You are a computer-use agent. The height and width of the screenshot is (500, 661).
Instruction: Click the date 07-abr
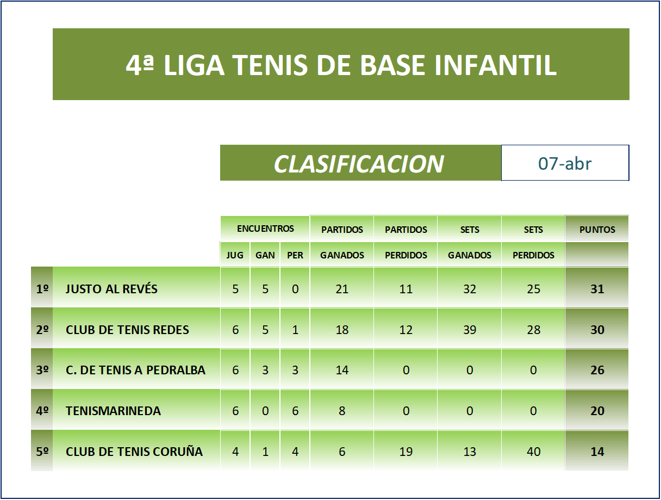(x=565, y=164)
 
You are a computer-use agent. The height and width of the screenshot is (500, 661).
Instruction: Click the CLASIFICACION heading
(x=358, y=164)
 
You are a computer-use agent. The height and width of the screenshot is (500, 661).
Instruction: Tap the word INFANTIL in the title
(x=496, y=65)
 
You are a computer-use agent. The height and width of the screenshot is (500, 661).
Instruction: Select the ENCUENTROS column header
(x=265, y=229)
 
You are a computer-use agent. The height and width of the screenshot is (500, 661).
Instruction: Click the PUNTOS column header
(x=597, y=230)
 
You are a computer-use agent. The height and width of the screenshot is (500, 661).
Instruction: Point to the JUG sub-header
(x=235, y=255)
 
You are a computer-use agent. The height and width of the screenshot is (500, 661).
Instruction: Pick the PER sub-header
(x=295, y=255)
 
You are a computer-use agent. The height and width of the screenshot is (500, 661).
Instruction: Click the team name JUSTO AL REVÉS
(x=111, y=289)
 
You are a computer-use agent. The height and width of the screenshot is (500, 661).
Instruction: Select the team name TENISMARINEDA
(x=113, y=411)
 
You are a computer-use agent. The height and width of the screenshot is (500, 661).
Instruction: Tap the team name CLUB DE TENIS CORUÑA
(x=134, y=452)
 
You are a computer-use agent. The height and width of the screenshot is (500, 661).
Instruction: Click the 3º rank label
(x=42, y=370)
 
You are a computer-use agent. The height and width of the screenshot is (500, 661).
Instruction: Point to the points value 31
(x=597, y=289)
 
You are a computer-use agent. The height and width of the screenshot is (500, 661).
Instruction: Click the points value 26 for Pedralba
(x=597, y=370)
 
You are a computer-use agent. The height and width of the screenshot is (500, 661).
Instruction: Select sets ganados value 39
(x=470, y=330)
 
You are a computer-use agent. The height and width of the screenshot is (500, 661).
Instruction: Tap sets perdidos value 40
(x=533, y=452)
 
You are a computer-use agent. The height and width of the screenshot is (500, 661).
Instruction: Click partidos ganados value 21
(x=342, y=289)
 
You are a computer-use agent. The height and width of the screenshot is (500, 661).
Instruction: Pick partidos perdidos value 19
(x=406, y=452)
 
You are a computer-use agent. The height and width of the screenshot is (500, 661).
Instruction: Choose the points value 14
(x=597, y=452)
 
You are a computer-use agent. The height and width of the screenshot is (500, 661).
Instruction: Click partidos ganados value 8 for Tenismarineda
(x=342, y=411)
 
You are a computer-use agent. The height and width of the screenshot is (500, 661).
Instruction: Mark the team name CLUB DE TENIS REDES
(x=127, y=330)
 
